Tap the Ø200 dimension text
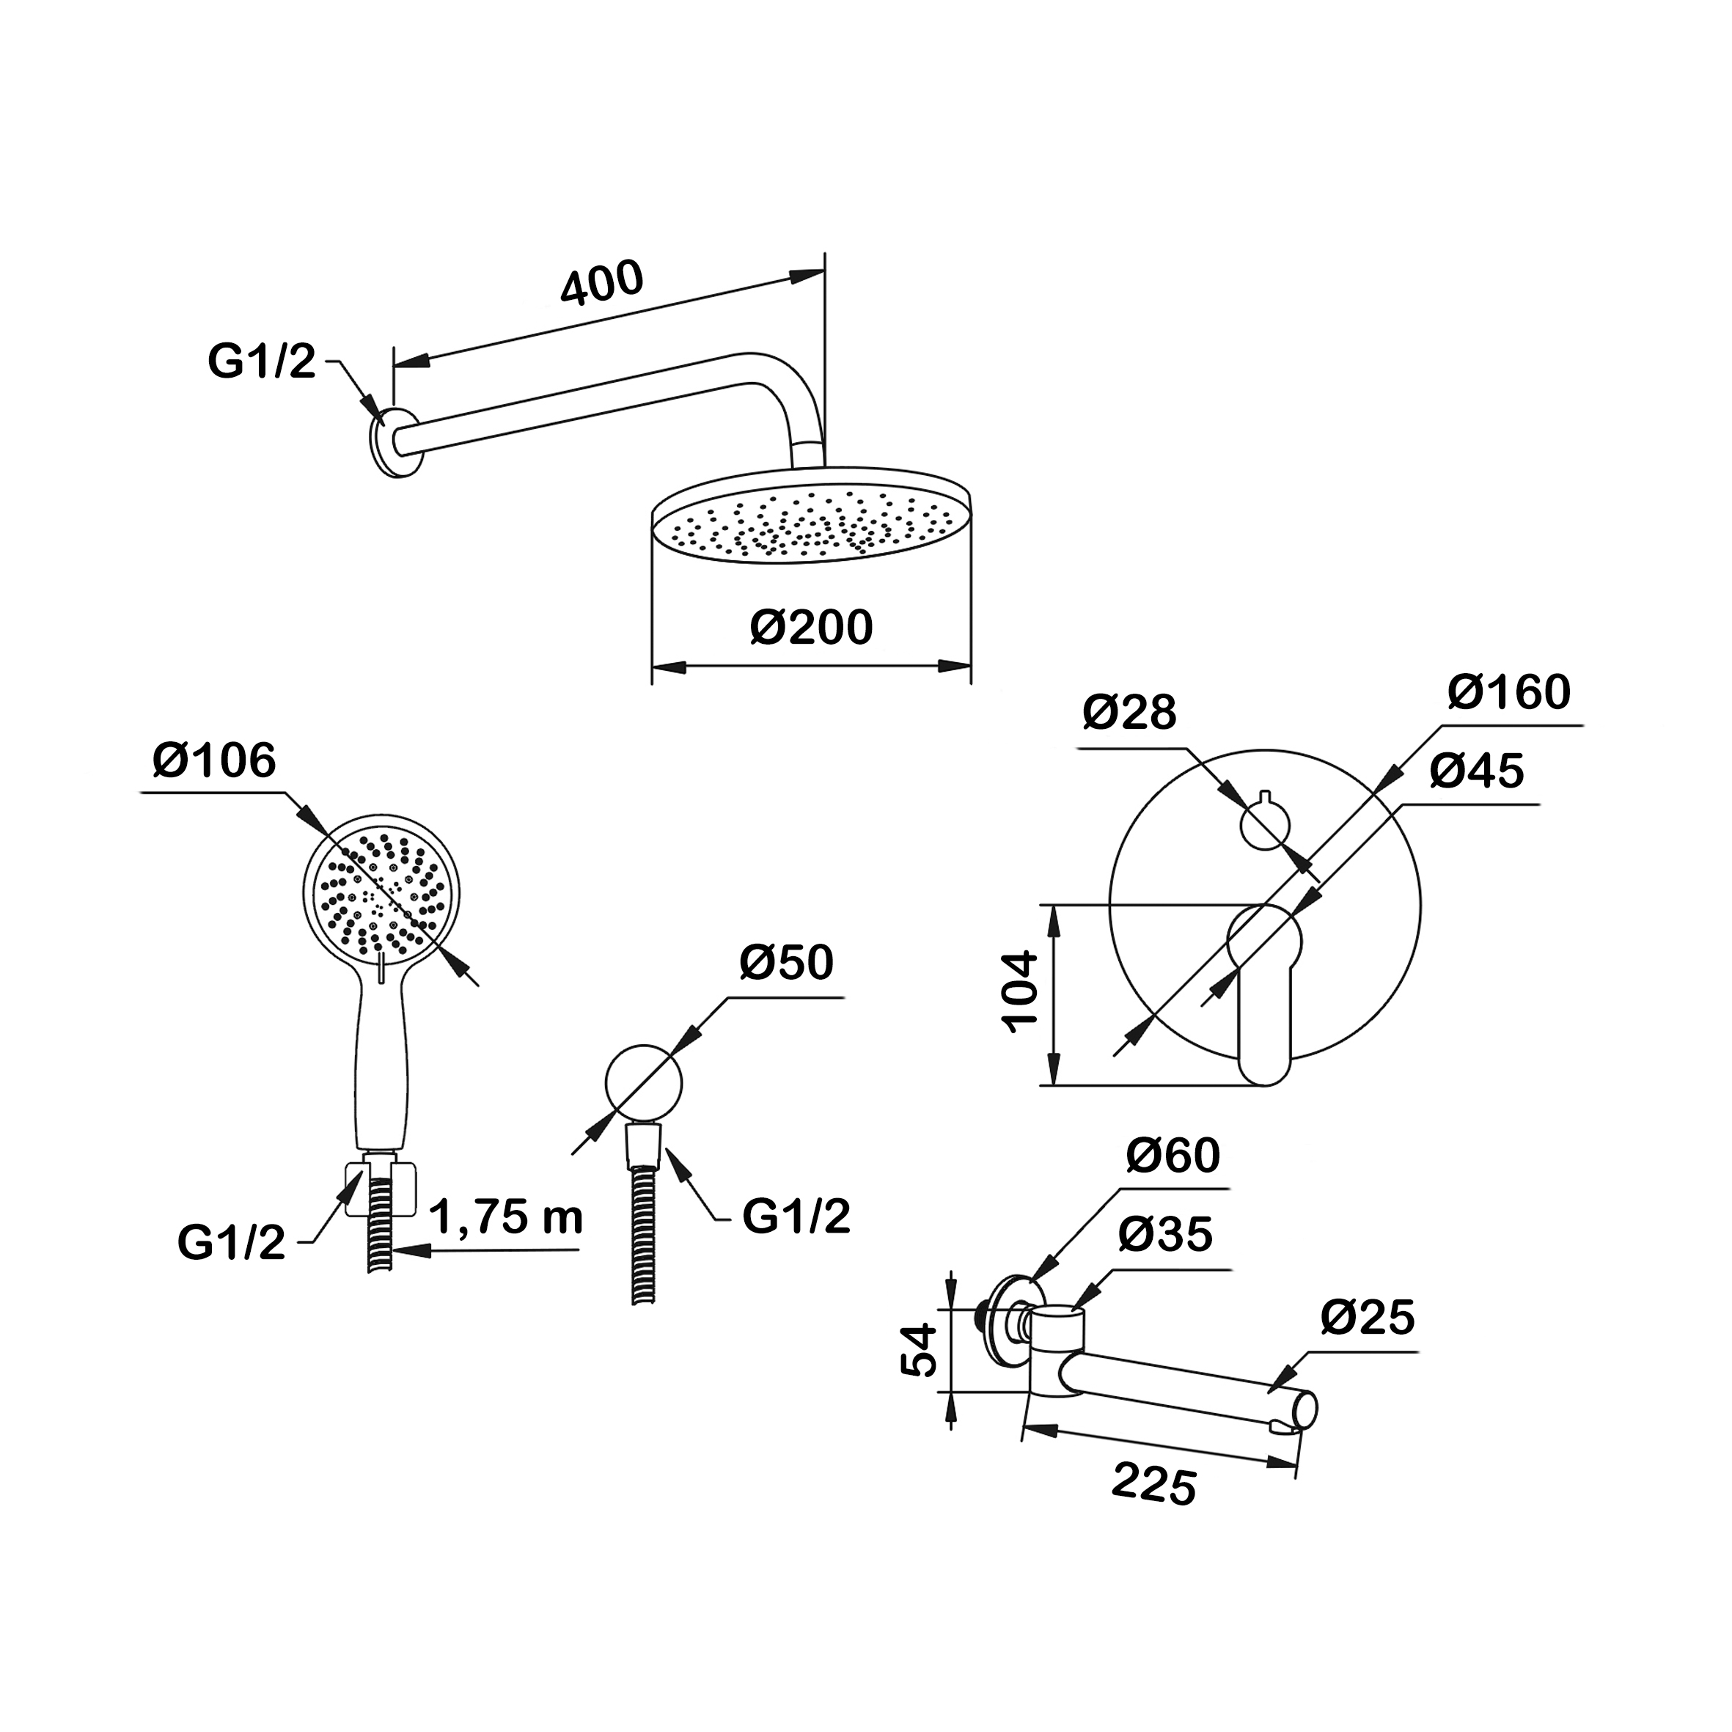(x=810, y=627)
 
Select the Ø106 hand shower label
(x=214, y=761)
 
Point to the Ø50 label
(x=786, y=963)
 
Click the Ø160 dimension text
(x=1509, y=692)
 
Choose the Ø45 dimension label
(x=1477, y=771)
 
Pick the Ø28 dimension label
(x=1129, y=713)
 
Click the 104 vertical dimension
(x=1019, y=994)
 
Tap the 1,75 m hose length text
(x=507, y=1217)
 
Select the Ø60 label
(x=1173, y=1156)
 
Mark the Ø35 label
(x=1164, y=1234)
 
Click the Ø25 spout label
(x=1367, y=1318)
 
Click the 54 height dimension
(x=919, y=1351)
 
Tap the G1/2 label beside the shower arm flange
(x=262, y=362)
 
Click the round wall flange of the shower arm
(x=395, y=443)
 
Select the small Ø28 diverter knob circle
(x=1264, y=825)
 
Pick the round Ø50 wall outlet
(x=644, y=1082)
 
